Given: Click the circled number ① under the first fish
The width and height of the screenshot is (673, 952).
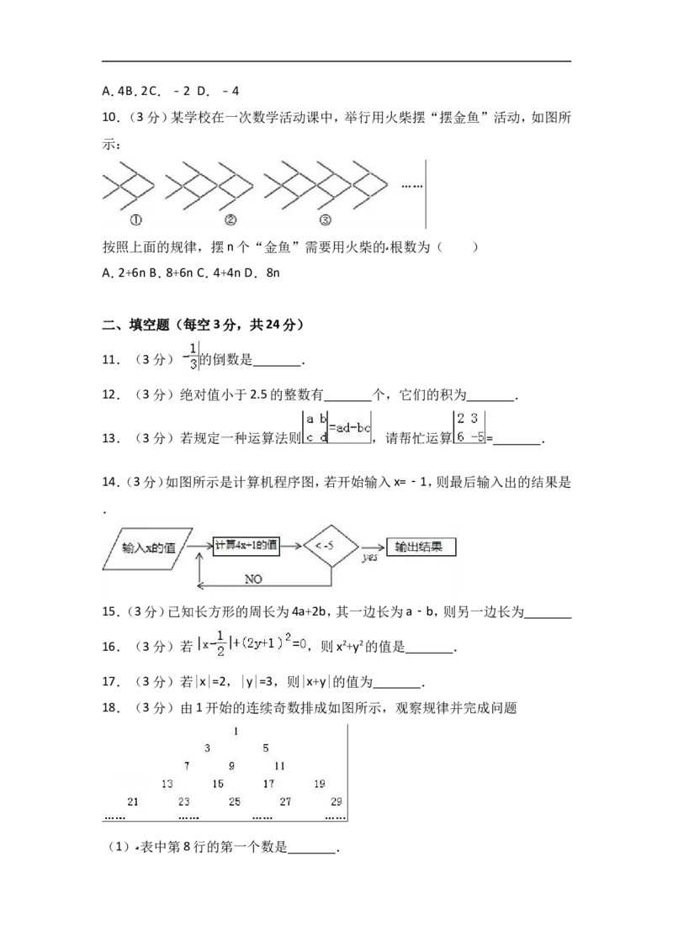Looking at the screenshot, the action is (x=136, y=219).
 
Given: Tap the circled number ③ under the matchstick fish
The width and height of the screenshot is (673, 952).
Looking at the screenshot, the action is (x=325, y=219).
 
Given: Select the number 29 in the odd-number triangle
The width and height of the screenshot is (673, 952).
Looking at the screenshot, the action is (x=336, y=801).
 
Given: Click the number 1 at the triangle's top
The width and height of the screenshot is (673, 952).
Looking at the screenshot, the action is (x=236, y=731).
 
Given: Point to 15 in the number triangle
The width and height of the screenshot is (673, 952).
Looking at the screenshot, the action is (x=217, y=784).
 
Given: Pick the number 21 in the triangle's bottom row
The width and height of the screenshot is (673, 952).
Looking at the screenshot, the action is (x=133, y=801).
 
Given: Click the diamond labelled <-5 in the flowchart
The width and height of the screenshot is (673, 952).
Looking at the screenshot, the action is (x=331, y=546).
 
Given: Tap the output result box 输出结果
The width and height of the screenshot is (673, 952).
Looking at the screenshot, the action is (x=421, y=547).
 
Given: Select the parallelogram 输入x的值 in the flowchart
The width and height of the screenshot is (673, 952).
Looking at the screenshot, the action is (x=147, y=548).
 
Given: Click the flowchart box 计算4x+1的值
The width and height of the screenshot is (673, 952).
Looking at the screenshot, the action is (x=246, y=545).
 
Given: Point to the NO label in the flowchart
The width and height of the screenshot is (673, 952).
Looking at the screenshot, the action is (x=253, y=579).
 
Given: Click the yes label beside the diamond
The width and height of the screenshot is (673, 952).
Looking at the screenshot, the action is (x=370, y=557).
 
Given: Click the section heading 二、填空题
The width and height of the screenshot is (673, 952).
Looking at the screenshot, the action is (x=135, y=325).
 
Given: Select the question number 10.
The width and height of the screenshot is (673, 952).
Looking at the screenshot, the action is (x=109, y=117).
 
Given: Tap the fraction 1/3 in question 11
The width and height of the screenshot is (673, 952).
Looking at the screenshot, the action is (x=193, y=357).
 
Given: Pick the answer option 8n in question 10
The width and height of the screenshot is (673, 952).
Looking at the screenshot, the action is (x=273, y=272).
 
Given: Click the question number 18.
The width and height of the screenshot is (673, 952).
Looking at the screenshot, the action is (x=109, y=707).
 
